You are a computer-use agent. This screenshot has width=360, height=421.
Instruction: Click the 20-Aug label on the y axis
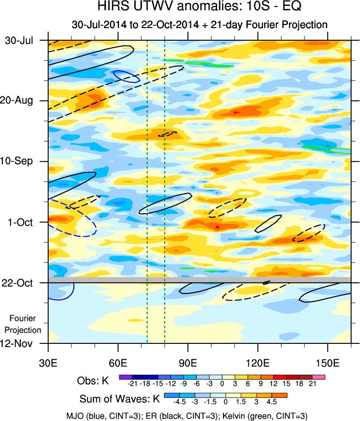(19, 101)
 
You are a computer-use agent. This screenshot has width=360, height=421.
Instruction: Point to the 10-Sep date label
(19, 161)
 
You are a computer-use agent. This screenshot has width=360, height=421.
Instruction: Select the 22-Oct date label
(19, 283)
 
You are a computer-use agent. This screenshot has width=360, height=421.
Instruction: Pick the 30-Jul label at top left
(19, 40)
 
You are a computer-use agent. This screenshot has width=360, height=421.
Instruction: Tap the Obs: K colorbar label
(93, 381)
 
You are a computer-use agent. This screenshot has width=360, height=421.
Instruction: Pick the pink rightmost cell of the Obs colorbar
(319, 377)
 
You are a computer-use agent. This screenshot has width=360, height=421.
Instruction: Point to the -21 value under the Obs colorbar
(132, 385)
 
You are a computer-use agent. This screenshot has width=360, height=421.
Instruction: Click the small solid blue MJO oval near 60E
(127, 76)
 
